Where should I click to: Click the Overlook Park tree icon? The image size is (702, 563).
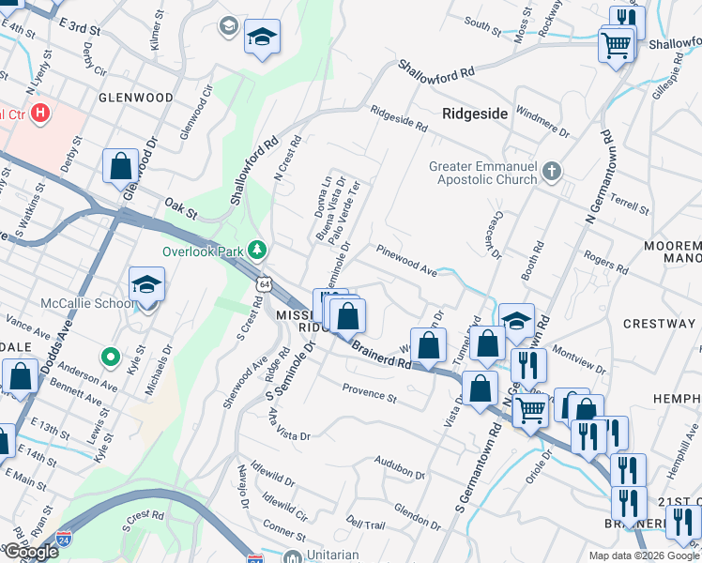click(x=254, y=251)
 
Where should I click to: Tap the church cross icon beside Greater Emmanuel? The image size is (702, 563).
click(x=553, y=171)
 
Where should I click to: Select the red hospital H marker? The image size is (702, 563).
click(x=40, y=114)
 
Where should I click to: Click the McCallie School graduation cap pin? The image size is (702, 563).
click(x=147, y=283)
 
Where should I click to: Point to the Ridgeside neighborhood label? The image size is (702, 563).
click(x=475, y=114)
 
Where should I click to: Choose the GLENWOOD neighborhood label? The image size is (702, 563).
click(x=136, y=98)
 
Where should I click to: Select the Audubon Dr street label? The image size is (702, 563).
click(x=401, y=464)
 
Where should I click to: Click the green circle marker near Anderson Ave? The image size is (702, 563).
click(x=110, y=357)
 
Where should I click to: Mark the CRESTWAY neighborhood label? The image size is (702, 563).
click(x=664, y=324)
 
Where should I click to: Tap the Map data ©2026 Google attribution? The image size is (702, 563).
click(x=644, y=555)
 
